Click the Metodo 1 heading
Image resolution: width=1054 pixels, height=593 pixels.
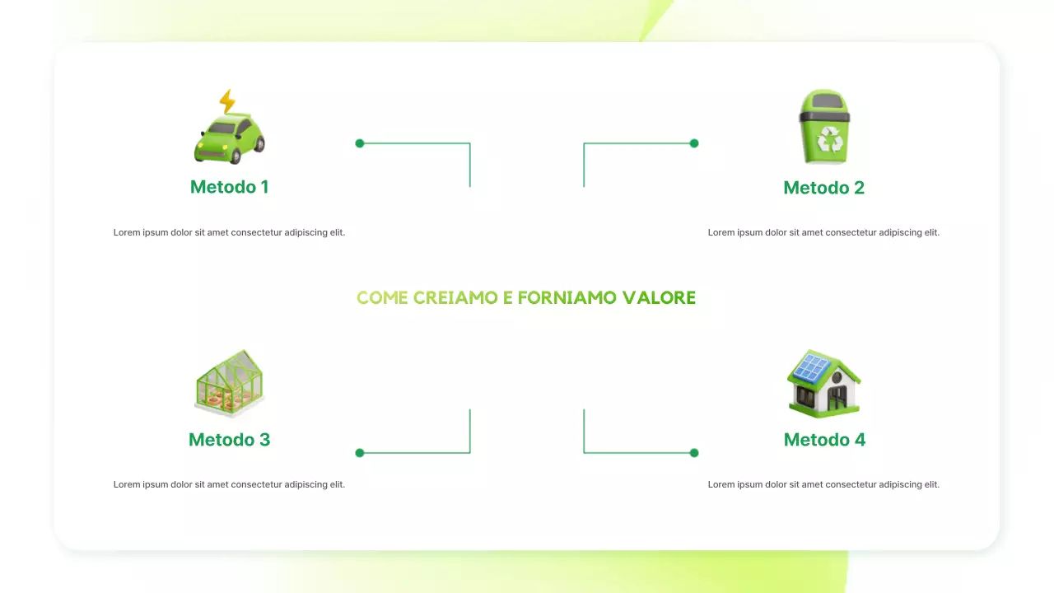(229, 187)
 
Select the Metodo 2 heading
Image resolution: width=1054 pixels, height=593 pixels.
(823, 188)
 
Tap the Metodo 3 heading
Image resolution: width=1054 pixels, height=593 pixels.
(229, 440)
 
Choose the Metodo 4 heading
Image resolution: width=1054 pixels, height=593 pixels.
(824, 440)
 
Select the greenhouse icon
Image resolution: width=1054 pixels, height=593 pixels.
(230, 382)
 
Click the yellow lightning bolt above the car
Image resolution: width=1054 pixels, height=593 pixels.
(227, 101)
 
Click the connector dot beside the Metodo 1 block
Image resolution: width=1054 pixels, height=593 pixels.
(360, 143)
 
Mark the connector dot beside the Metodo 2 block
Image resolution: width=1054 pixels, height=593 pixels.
(694, 143)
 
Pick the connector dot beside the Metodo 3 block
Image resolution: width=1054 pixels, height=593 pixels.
(360, 453)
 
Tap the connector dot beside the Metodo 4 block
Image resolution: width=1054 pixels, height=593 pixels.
(694, 453)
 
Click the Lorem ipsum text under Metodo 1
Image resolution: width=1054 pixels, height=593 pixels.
(229, 233)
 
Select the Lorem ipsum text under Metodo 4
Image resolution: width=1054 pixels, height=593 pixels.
(823, 485)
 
